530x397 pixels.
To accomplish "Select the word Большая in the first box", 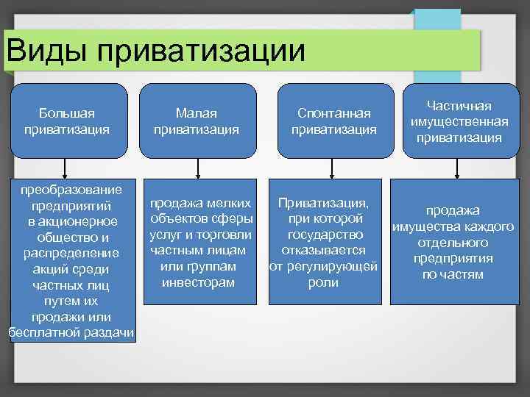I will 67,113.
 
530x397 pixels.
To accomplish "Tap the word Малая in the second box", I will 196,113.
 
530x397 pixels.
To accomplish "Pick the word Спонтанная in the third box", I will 333,113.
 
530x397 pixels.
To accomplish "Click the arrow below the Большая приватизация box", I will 67,167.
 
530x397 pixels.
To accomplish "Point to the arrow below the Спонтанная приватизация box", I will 333,167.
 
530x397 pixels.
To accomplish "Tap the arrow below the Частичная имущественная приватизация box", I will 459,167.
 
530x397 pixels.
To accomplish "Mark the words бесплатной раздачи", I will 71,333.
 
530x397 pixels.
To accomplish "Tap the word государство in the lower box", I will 326,235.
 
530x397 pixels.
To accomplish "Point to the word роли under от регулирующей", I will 325,282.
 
